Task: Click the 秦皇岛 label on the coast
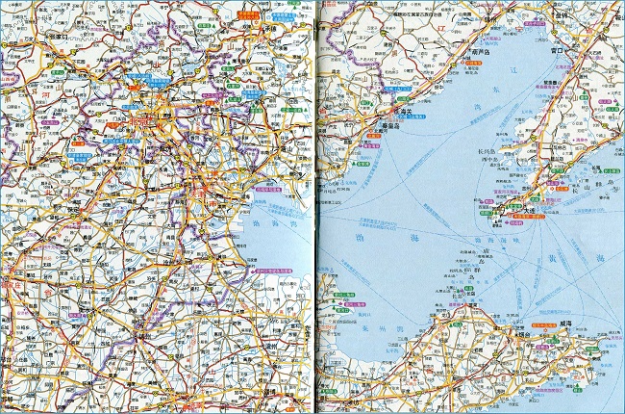[387, 125]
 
